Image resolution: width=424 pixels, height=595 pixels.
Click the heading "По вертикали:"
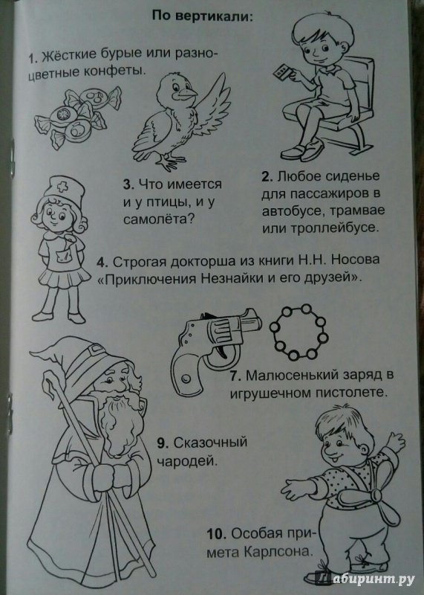[202, 16]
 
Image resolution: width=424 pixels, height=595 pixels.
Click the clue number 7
[235, 376]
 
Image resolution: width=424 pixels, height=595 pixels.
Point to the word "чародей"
[188, 462]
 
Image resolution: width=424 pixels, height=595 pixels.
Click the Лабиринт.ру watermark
[365, 579]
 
